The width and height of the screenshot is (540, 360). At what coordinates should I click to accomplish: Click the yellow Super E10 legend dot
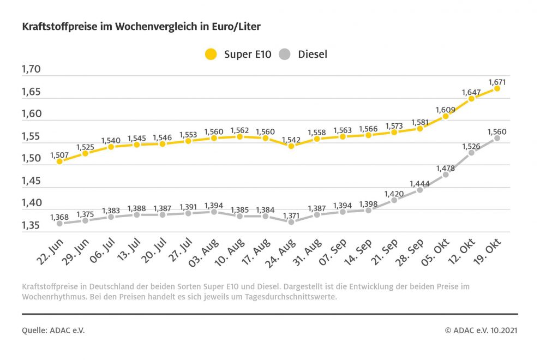click(x=211, y=54)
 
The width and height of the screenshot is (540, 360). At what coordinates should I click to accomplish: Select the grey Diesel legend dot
click(x=284, y=54)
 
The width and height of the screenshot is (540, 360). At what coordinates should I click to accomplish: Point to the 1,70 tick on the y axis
click(x=31, y=69)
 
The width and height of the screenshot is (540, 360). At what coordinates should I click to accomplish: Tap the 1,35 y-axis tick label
click(x=31, y=226)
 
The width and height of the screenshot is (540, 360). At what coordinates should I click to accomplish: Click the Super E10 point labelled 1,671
click(x=497, y=88)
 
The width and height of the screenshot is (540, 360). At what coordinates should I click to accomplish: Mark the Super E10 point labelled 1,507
click(x=59, y=161)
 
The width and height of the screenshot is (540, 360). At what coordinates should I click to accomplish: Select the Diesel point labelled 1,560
click(x=497, y=138)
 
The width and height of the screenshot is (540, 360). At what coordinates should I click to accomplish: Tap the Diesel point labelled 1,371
click(x=291, y=222)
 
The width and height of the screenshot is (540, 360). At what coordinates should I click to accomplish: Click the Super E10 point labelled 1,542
click(x=291, y=146)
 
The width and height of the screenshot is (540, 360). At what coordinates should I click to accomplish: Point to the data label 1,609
click(x=446, y=109)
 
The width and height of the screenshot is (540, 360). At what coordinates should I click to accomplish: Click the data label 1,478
click(x=446, y=168)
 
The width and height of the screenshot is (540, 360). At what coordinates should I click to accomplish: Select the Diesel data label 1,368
click(x=59, y=217)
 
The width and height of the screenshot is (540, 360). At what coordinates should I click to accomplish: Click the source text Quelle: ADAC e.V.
click(x=53, y=330)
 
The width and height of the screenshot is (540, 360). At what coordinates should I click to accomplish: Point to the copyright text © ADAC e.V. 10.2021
click(x=481, y=330)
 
